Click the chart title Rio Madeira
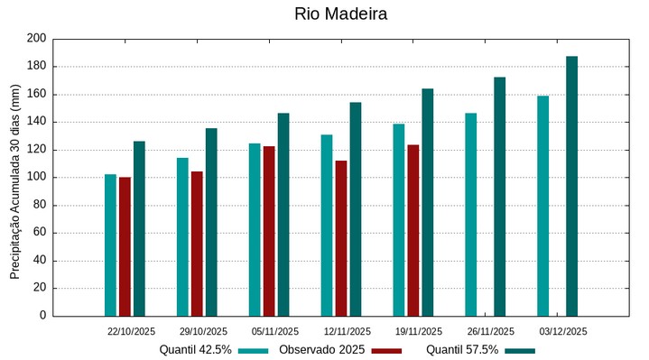point(340,14)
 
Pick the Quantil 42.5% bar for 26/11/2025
point(471,214)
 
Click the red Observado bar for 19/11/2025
point(413,230)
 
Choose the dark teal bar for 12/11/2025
point(356,208)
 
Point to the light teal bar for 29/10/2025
point(182,236)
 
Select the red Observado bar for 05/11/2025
point(269,231)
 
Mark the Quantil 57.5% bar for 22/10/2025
point(139,228)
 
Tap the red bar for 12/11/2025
point(341,238)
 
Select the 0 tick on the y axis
point(42,316)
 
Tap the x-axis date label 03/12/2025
point(563,331)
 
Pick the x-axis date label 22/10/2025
point(131,331)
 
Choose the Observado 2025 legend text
point(321,349)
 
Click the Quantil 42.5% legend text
point(196,349)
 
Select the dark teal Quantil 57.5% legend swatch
point(519,350)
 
